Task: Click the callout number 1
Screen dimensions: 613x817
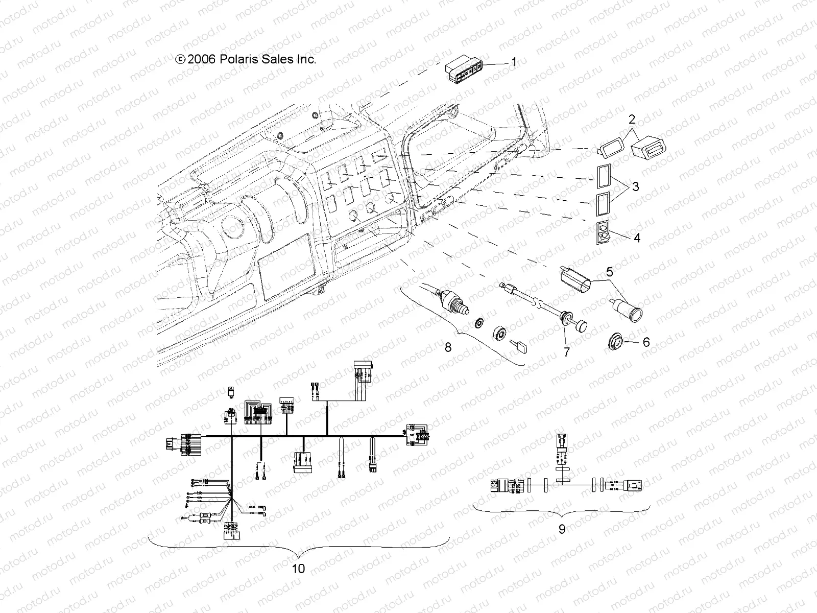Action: (x=514, y=62)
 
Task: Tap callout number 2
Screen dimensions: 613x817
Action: (x=632, y=121)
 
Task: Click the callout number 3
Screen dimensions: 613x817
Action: (x=635, y=187)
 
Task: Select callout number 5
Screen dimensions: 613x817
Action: (x=610, y=272)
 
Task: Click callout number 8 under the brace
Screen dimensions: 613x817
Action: (x=448, y=347)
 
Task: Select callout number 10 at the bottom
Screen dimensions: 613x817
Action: (x=299, y=568)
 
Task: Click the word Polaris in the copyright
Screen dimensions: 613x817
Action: (x=235, y=59)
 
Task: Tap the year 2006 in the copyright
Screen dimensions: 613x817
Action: (x=202, y=59)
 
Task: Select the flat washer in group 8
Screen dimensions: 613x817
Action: (x=479, y=324)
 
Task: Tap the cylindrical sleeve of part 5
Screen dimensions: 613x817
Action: (x=576, y=282)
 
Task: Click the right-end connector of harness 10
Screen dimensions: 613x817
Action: (x=418, y=435)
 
